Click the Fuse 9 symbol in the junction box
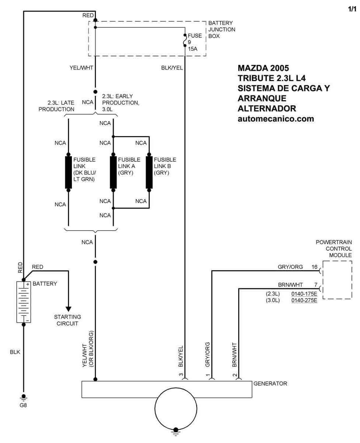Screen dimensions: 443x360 pyautogui.click(x=184, y=41)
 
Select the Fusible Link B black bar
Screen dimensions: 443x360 pyautogui.click(x=149, y=172)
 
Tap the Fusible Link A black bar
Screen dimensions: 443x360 pyautogui.click(x=113, y=172)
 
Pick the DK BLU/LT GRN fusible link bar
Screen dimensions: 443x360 pyautogui.click(x=68, y=172)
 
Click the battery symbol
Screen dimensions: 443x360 pyautogui.click(x=24, y=302)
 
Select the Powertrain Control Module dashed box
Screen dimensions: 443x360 pyautogui.click(x=337, y=280)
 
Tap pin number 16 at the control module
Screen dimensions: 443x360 pyautogui.click(x=314, y=267)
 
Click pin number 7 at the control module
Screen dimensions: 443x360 pyautogui.click(x=316, y=285)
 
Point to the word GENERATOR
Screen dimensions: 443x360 pyautogui.click(x=270, y=384)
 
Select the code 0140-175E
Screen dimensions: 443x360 pyautogui.click(x=304, y=294)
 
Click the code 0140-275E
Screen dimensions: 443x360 pyautogui.click(x=304, y=300)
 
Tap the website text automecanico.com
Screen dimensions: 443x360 pyautogui.click(x=276, y=119)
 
